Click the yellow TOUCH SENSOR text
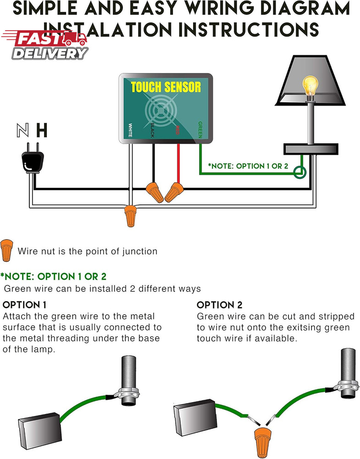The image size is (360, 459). [166, 87]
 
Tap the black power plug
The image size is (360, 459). [32, 162]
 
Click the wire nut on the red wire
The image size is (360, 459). [173, 192]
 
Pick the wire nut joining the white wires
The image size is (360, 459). [131, 216]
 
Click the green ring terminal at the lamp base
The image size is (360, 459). [300, 173]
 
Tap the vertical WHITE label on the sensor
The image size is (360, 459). [130, 131]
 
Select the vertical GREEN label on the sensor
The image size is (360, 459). [200, 130]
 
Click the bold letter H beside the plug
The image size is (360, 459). [42, 131]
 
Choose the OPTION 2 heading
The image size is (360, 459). [219, 305]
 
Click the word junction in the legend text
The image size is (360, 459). [139, 251]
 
